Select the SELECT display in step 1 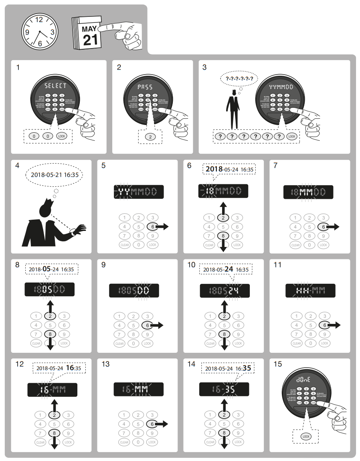(x=56, y=85)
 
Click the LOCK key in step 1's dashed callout (x=62, y=136)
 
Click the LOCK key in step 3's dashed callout (x=292, y=136)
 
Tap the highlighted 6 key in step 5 (x=153, y=227)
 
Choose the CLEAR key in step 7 (x=295, y=245)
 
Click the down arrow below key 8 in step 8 (x=50, y=345)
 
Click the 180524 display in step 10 (x=224, y=291)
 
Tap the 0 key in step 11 (x=310, y=343)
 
